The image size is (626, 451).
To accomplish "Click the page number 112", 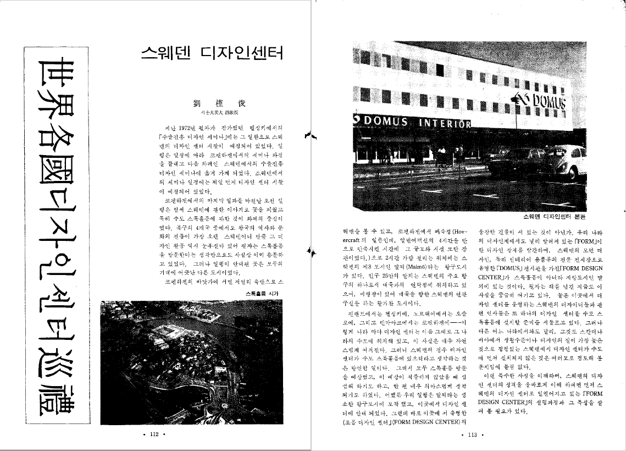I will click(154, 435).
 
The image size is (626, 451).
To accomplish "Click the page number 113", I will click(471, 435).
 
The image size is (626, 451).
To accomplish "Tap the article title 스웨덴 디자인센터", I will click(212, 53).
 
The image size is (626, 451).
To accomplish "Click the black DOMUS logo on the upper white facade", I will click(546, 102).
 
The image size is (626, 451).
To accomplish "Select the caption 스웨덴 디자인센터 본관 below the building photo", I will click(555, 216).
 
